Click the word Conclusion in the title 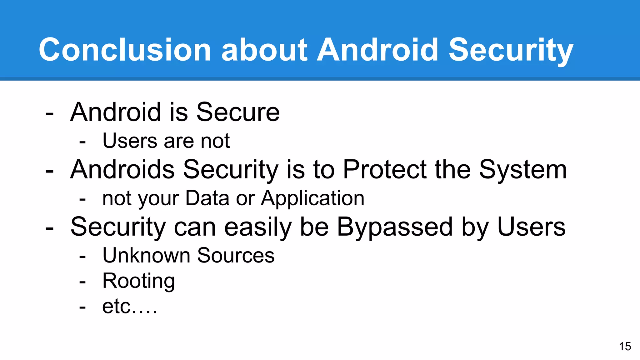click(x=125, y=50)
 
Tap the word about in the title click(x=264, y=50)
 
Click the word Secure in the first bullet click(x=238, y=112)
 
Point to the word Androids click(x=122, y=169)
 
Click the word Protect click(x=385, y=169)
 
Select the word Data click(x=207, y=198)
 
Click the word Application click(x=313, y=199)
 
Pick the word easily click(x=258, y=227)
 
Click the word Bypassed click(x=395, y=227)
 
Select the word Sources click(x=236, y=255)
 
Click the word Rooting click(x=138, y=281)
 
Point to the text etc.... click(x=129, y=307)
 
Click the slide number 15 click(x=625, y=346)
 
